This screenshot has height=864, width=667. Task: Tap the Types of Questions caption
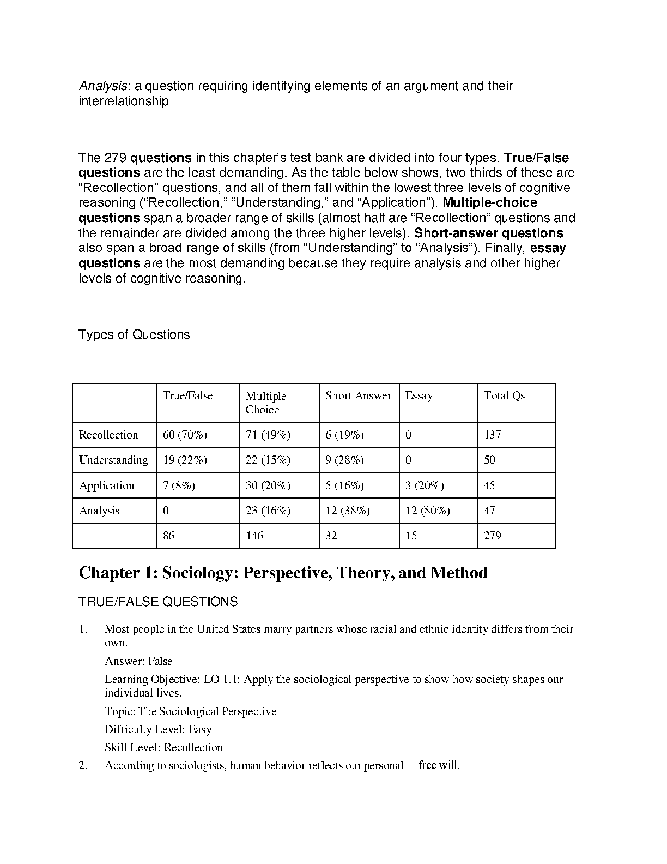pyautogui.click(x=134, y=334)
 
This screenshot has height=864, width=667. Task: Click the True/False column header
pyautogui.click(x=187, y=396)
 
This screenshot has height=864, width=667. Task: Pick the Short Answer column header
pyautogui.click(x=358, y=396)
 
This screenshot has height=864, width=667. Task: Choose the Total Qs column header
pyautogui.click(x=504, y=396)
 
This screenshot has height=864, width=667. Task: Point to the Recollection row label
pyautogui.click(x=108, y=435)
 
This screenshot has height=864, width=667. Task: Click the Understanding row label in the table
pyautogui.click(x=113, y=460)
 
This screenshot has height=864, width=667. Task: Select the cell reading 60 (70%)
pyautogui.click(x=185, y=435)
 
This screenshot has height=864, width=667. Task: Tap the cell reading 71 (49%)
pyautogui.click(x=268, y=435)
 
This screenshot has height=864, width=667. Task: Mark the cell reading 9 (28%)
pyautogui.click(x=344, y=460)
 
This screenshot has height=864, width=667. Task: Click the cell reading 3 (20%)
pyautogui.click(x=425, y=485)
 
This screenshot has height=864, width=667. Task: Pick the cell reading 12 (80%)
pyautogui.click(x=427, y=511)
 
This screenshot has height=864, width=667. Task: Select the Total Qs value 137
pyautogui.click(x=492, y=435)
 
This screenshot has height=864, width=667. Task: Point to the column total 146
pyautogui.click(x=254, y=536)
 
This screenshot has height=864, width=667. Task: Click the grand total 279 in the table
pyautogui.click(x=492, y=536)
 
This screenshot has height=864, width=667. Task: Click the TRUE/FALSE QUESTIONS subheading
pyautogui.click(x=158, y=602)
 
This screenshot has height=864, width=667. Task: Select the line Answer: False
pyautogui.click(x=138, y=661)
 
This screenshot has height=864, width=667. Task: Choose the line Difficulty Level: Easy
pyautogui.click(x=158, y=729)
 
